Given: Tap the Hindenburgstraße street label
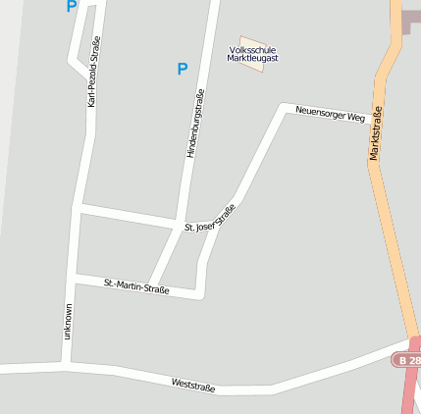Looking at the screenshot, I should tap(194, 124).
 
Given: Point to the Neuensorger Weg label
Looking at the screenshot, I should tap(330, 114).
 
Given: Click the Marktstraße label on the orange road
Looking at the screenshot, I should tap(378, 132).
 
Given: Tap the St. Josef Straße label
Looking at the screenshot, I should tap(210, 220).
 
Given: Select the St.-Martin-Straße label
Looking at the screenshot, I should tap(136, 286).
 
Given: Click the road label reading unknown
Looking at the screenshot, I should tap(68, 322).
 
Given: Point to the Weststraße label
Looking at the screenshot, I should tap(192, 384).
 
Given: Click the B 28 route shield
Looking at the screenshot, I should tap(408, 361).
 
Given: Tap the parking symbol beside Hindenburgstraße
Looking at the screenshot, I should tap(182, 69).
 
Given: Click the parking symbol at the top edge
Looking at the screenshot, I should tap(71, 6).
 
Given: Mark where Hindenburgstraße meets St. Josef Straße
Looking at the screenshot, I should tap(180, 225).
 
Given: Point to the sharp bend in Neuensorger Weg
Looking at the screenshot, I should tap(283, 106).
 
